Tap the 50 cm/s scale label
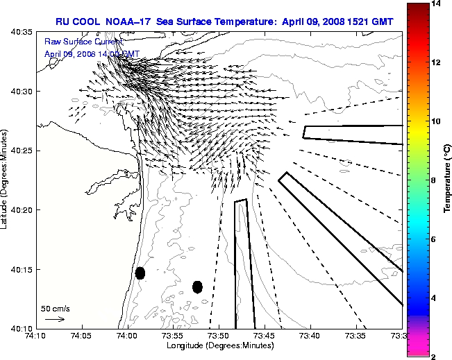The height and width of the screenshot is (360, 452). pos(55,308)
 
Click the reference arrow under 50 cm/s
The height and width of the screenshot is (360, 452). pos(54,319)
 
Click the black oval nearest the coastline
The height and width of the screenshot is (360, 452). pos(140,273)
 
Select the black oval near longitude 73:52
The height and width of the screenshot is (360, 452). pos(197,286)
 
